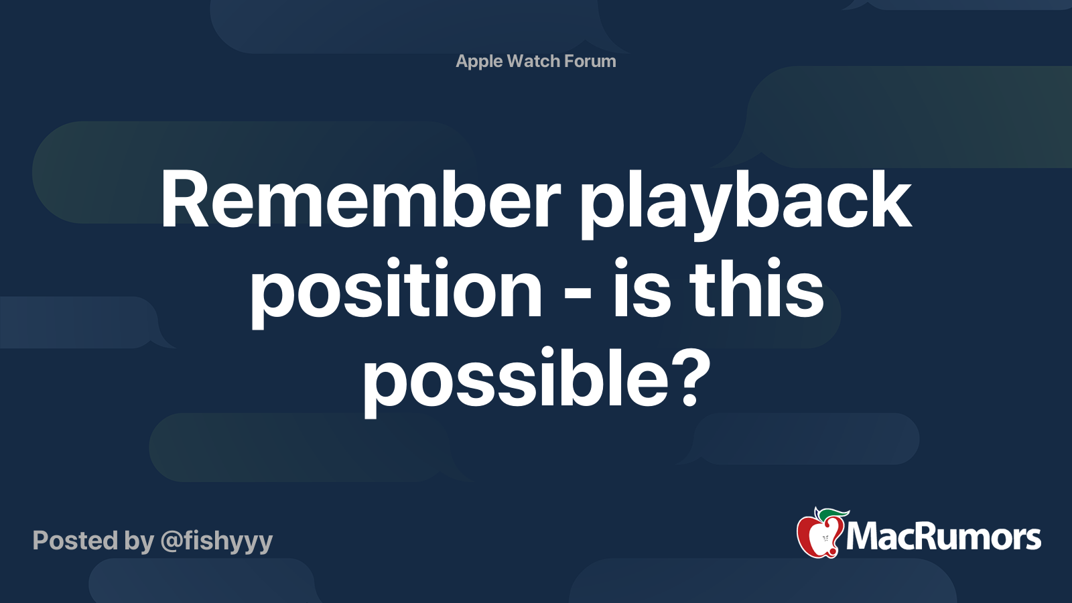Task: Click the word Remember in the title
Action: (360, 201)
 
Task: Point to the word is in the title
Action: (641, 289)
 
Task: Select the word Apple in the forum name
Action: (479, 62)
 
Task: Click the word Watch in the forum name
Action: (533, 62)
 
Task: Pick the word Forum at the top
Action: (590, 62)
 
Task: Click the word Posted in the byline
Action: (75, 541)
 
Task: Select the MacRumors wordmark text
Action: (943, 537)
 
